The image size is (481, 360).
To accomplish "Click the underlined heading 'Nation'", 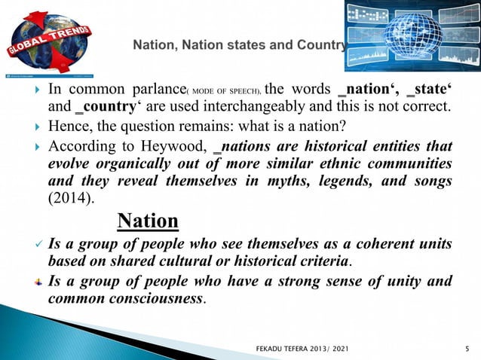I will tap(149, 221).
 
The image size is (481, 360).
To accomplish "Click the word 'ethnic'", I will tap(333, 165).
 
